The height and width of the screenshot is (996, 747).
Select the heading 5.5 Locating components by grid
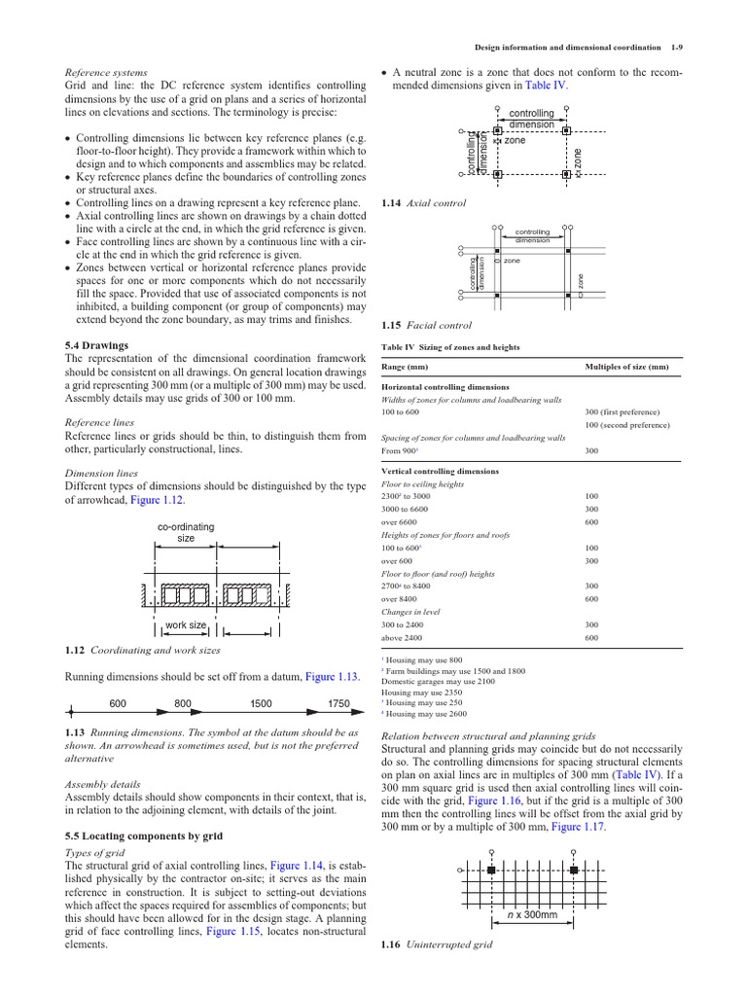[144, 836]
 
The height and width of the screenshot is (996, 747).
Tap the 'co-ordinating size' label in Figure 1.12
[186, 532]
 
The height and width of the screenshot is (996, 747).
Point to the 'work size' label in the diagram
[185, 625]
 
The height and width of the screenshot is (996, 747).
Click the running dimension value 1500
[261, 703]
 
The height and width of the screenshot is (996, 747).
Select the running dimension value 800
[183, 703]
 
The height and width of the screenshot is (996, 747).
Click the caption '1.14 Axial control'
[409, 202]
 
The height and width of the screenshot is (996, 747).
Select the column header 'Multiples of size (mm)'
[626, 367]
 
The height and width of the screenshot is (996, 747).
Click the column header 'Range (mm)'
[408, 367]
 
